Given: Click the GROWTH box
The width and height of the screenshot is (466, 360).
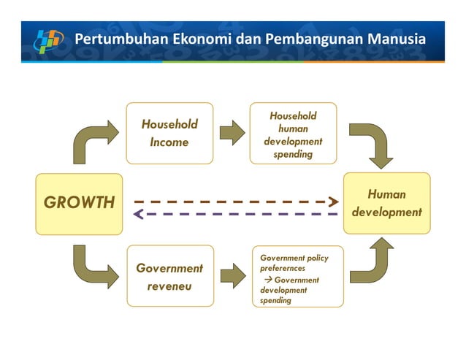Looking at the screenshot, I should (x=79, y=203).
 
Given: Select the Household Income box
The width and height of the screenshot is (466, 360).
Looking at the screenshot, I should (x=169, y=133).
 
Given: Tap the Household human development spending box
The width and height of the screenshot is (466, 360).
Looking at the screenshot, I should (x=293, y=134).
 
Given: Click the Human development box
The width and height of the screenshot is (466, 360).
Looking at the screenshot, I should (x=386, y=203).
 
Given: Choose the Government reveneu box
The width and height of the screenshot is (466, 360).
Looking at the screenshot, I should (x=169, y=276).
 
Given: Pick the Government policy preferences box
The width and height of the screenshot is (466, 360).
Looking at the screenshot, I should (x=297, y=277).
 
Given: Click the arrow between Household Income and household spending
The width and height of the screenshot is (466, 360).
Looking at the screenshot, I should (x=232, y=132).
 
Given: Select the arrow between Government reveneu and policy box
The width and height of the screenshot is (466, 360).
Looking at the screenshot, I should (x=232, y=275).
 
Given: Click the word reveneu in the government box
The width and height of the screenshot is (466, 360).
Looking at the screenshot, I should (x=169, y=286).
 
